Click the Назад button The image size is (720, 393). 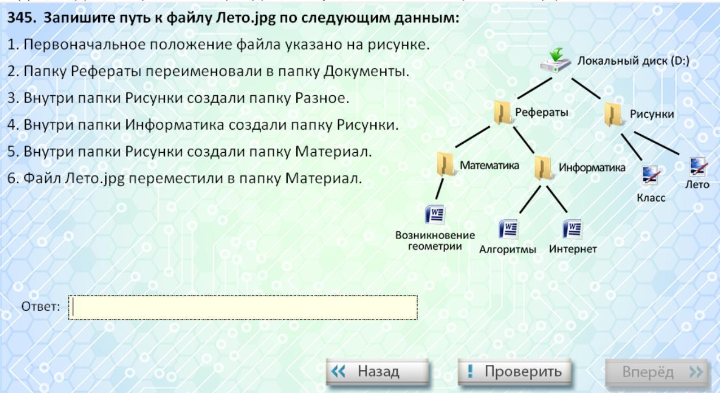pos(377,372)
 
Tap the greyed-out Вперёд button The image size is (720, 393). pos(657,372)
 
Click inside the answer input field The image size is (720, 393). pos(243,307)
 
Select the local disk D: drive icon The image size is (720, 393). pos(555,61)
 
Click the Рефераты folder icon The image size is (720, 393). pos(503,112)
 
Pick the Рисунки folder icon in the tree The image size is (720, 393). pos(613,114)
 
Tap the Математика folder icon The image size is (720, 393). pos(446,164)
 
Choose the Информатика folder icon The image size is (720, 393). pos(543,167)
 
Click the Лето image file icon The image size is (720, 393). pos(698,167)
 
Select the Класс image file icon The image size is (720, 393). pos(651,175)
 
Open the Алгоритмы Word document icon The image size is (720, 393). pos(508,229)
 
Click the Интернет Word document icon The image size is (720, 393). pos(572,229)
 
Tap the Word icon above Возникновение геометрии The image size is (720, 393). pos(435,214)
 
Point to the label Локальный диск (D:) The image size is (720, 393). pos(633,61)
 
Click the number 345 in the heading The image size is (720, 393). pos(21,18)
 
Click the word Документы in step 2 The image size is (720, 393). pos(366,71)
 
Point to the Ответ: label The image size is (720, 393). pos(41,307)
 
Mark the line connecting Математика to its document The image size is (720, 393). pos(440,189)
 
